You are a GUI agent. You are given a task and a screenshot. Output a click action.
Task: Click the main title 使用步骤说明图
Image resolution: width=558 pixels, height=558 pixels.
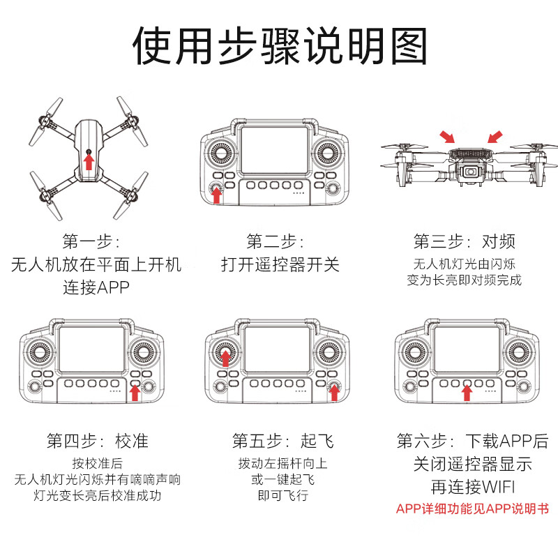click(279, 47)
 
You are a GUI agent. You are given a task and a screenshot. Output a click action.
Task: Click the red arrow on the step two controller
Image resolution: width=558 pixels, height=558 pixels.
click(216, 195)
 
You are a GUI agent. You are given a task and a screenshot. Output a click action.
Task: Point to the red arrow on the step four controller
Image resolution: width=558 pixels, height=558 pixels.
click(135, 393)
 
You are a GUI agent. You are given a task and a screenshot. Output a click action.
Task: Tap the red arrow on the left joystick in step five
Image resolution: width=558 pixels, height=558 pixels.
click(225, 357)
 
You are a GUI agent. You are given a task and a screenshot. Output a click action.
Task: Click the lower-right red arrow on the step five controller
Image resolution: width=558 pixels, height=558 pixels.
click(334, 393)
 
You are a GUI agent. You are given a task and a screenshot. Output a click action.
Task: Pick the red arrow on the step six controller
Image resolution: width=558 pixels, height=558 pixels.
click(467, 393)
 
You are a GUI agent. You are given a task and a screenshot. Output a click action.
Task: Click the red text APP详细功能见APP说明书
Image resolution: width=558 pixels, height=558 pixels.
click(472, 508)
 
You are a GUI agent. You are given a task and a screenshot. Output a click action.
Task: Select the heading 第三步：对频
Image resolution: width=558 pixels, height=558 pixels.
click(465, 242)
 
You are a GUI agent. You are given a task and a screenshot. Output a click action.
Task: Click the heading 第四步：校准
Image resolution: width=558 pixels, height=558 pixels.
click(98, 441)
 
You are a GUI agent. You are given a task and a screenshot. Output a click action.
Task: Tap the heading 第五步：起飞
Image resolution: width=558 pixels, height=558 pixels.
click(282, 441)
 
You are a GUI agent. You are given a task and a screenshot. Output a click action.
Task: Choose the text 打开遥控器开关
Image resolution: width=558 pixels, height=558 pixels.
click(280, 265)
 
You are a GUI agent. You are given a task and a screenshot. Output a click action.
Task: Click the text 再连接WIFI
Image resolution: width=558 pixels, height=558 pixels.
click(472, 485)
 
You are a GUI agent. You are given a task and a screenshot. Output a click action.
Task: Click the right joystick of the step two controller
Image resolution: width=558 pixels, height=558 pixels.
click(326, 151)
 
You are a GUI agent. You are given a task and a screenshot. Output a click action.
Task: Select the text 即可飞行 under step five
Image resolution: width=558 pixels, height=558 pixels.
click(282, 496)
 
